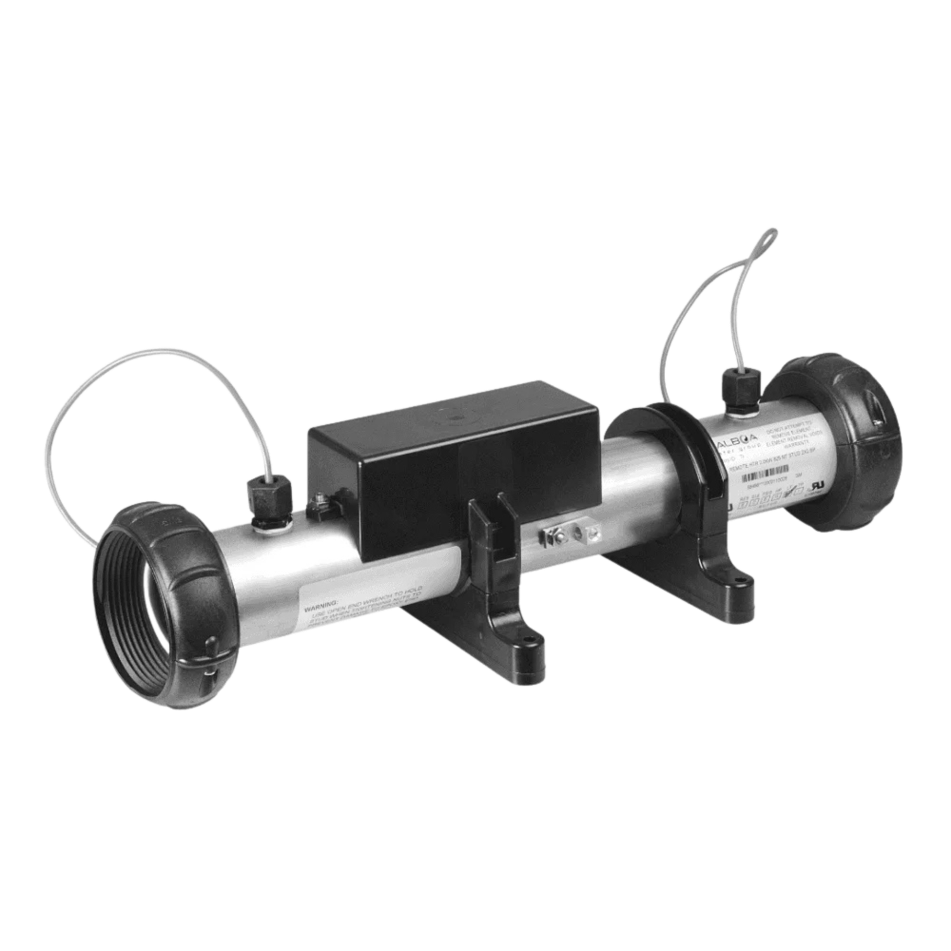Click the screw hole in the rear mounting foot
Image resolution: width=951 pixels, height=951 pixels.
tap(739, 577)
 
